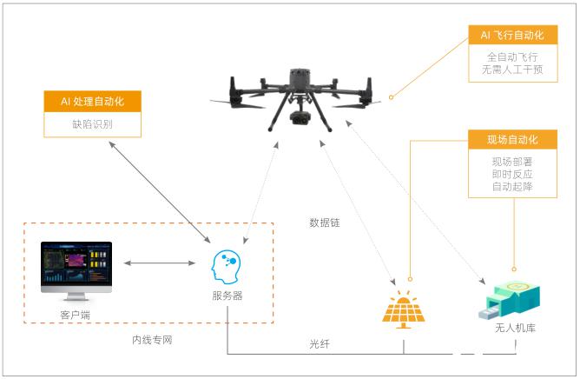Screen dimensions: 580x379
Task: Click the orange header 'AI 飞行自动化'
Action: [512, 35]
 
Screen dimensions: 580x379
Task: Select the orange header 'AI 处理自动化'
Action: [93, 101]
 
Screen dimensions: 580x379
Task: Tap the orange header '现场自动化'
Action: [512, 139]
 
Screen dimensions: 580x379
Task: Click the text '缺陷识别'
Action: [93, 124]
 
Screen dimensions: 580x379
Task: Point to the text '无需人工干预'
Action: [512, 70]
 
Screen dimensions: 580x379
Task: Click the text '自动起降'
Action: [512, 186]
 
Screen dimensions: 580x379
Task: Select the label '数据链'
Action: [325, 223]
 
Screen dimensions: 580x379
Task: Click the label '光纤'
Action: [320, 344]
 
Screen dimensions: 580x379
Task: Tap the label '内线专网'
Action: [152, 340]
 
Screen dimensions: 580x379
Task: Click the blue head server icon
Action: [226, 267]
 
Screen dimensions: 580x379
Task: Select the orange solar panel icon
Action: [404, 310]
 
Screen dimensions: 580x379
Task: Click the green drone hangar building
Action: [510, 301]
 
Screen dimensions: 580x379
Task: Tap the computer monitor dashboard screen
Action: [76, 263]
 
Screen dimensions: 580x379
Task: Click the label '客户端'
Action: [75, 315]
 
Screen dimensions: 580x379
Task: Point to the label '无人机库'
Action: [515, 328]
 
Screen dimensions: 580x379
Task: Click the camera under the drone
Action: [300, 118]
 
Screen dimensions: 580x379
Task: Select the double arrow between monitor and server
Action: [160, 263]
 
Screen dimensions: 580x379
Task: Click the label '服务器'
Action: [227, 296]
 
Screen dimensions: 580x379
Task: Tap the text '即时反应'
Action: [512, 174]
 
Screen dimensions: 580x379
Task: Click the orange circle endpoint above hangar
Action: [514, 269]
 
